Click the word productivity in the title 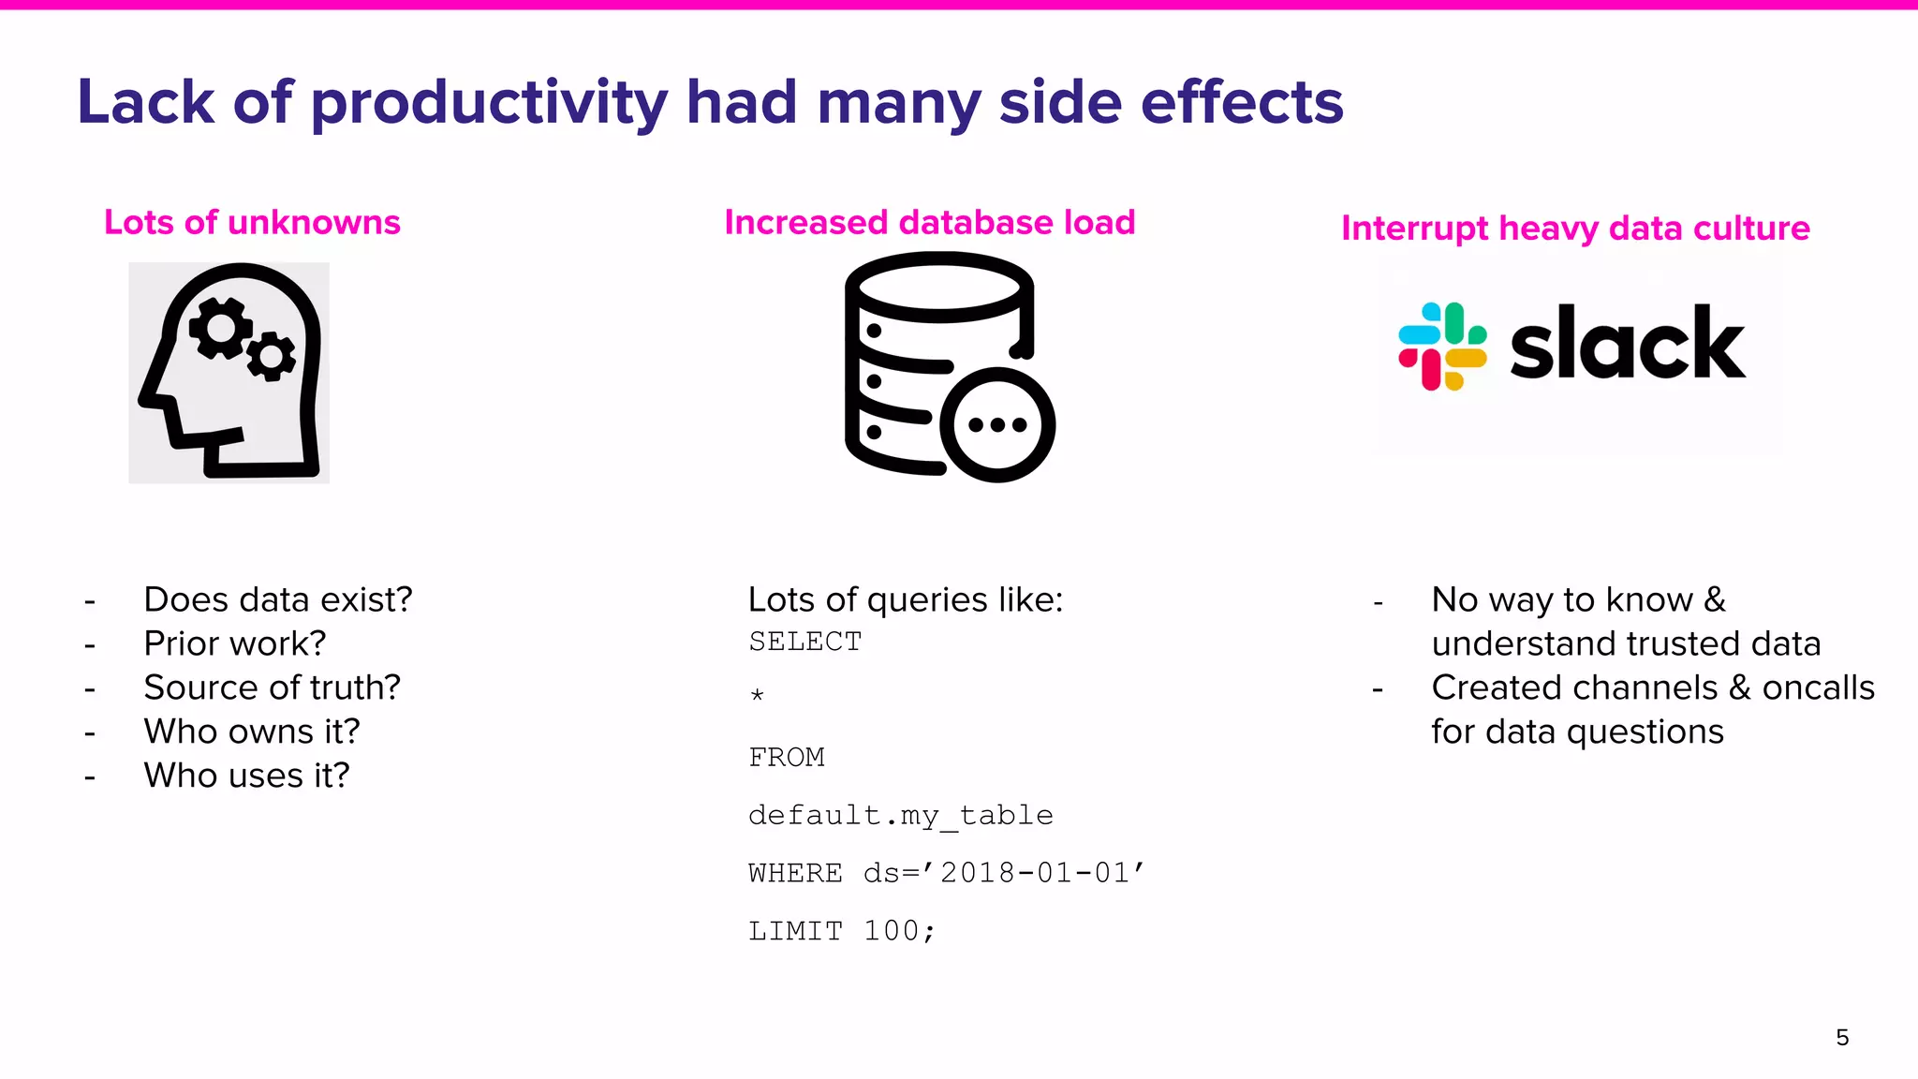488,103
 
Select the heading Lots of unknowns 252,223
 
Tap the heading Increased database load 929,223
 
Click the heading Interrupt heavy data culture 1575,229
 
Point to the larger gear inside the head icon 221,329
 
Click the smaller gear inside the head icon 272,357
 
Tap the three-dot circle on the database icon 997,425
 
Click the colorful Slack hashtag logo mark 1442,346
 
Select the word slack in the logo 1627,345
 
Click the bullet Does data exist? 277,599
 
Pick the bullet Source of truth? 272,687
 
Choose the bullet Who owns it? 251,732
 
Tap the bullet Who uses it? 246,776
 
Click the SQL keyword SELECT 804,643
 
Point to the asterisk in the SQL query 757,696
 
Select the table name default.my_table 900,815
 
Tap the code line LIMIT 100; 841,931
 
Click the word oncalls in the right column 1818,687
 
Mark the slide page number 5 1842,1037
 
